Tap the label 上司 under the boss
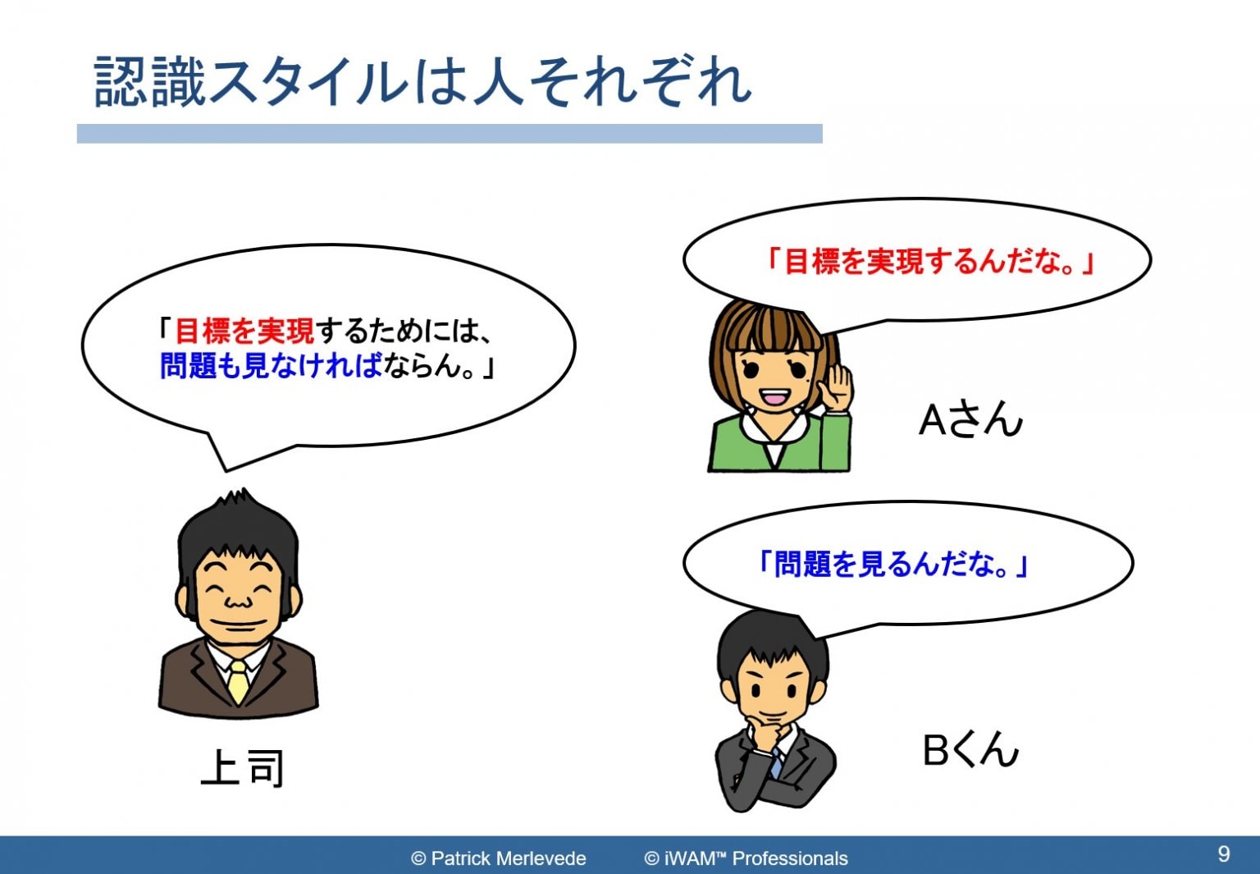tap(243, 767)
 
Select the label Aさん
tap(970, 420)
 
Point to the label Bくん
tap(971, 749)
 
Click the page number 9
tap(1223, 853)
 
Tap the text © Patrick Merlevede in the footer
tap(499, 858)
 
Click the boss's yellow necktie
tap(239, 681)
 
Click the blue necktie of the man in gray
tap(777, 762)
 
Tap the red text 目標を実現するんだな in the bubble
tap(923, 262)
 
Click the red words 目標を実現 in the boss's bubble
tap(244, 331)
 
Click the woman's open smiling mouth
tap(774, 397)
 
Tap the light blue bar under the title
tap(450, 134)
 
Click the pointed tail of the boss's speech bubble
tap(226, 470)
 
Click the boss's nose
tap(238, 601)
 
